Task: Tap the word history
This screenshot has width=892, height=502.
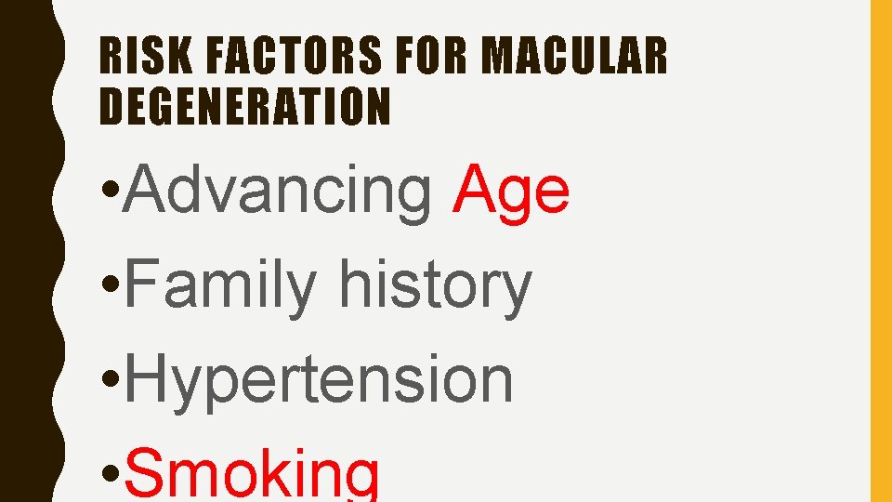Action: (x=435, y=286)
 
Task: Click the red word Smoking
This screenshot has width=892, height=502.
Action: (x=251, y=474)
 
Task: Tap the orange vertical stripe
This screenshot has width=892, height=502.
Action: (x=880, y=251)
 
